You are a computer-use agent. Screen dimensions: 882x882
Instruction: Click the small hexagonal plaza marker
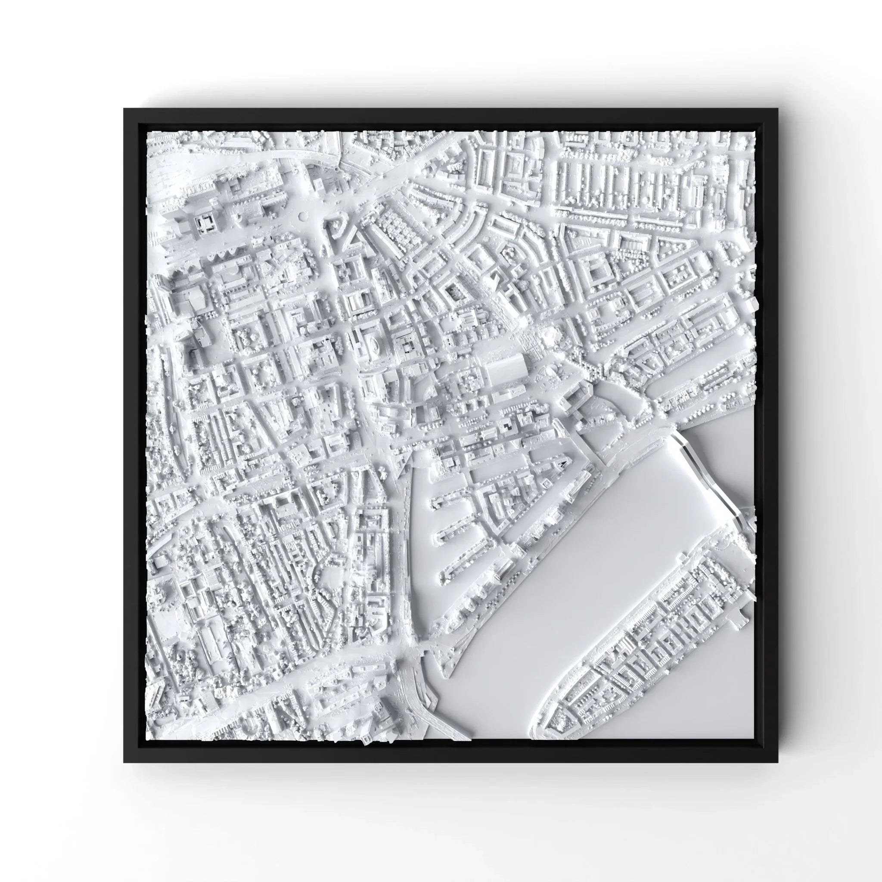click(x=302, y=216)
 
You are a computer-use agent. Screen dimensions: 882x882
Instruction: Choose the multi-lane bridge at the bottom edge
click(x=413, y=703)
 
